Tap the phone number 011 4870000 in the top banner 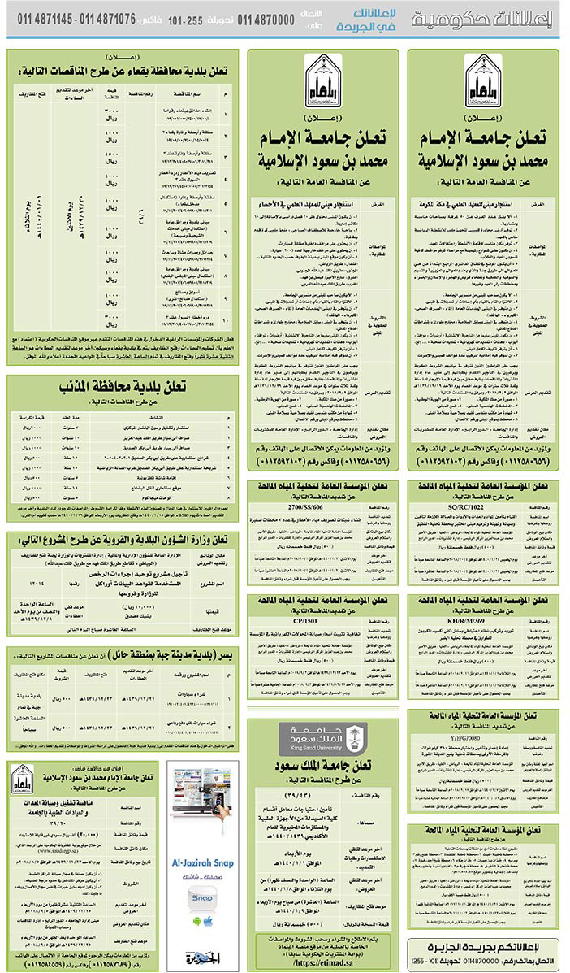(x=266, y=19)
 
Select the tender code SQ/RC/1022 (x=484, y=507)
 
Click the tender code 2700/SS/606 (x=322, y=507)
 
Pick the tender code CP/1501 (x=322, y=621)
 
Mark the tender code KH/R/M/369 (x=484, y=621)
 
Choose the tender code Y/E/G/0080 (x=484, y=736)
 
